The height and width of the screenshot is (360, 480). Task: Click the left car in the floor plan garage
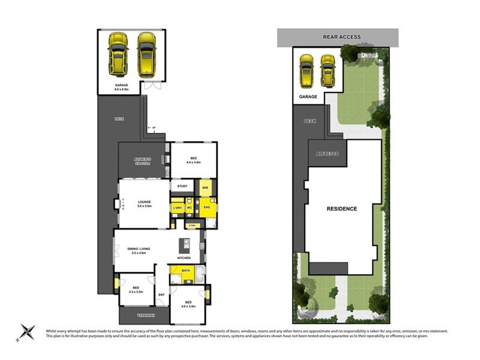pyautogui.click(x=118, y=53)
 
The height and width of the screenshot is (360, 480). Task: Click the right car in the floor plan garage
pyautogui.click(x=146, y=53)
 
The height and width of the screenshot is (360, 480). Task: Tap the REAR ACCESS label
pyautogui.click(x=342, y=37)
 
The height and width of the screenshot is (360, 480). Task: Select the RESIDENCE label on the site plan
pyautogui.click(x=342, y=209)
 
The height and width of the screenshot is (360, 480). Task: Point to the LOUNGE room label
pyautogui.click(x=144, y=202)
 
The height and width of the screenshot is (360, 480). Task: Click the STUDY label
pyautogui.click(x=182, y=187)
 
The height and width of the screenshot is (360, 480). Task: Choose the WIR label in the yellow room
pyautogui.click(x=205, y=188)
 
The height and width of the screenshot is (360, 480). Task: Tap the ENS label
pyautogui.click(x=206, y=208)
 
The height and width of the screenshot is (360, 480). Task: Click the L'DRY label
pyautogui.click(x=177, y=208)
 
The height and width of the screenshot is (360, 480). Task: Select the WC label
pyautogui.click(x=189, y=208)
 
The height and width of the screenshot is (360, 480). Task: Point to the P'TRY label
pyautogui.click(x=192, y=225)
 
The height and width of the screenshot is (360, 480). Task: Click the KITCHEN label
pyautogui.click(x=184, y=258)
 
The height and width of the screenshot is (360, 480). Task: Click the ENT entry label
pyautogui.click(x=161, y=295)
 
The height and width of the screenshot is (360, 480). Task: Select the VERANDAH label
pyautogui.click(x=137, y=315)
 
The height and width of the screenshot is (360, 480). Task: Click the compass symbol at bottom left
pyautogui.click(x=26, y=332)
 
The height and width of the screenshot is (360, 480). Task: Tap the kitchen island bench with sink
pyautogui.click(x=186, y=245)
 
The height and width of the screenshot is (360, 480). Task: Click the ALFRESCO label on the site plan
pyautogui.click(x=327, y=154)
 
